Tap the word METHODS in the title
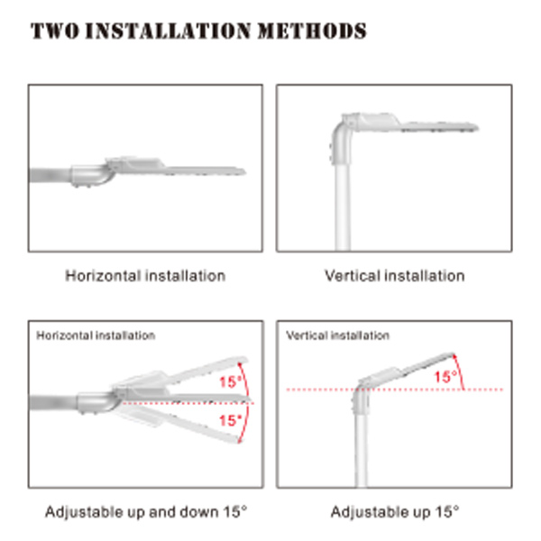tap(312, 31)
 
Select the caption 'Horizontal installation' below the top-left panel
tap(145, 276)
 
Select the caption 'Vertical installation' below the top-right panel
tap(395, 276)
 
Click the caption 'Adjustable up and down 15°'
tap(146, 512)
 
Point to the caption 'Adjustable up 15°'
tap(395, 512)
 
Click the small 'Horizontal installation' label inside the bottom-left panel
tap(96, 335)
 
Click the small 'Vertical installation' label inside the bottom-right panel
tap(338, 335)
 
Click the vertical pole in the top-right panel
tap(343, 206)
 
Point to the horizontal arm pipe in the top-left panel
tap(50, 175)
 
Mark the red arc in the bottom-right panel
tap(460, 371)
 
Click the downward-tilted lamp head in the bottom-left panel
tap(179, 424)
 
